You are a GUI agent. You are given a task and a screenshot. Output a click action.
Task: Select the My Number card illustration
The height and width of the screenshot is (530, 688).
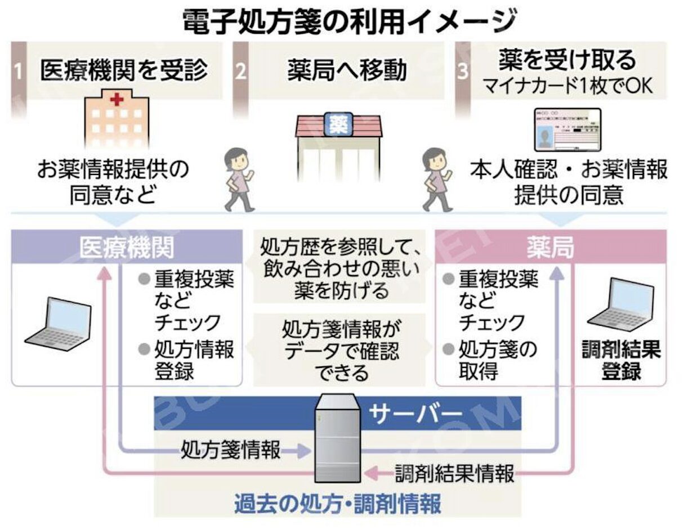pos(568,131)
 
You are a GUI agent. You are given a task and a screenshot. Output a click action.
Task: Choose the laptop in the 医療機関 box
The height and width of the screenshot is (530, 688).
pos(59,324)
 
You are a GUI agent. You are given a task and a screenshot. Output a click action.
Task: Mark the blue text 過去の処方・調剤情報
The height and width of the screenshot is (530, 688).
pos(338,503)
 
